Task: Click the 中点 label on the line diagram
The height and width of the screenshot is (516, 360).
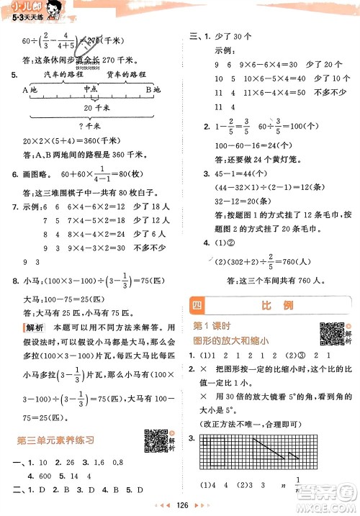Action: (x=90, y=89)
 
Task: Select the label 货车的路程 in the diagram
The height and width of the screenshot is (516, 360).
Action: (x=120, y=74)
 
